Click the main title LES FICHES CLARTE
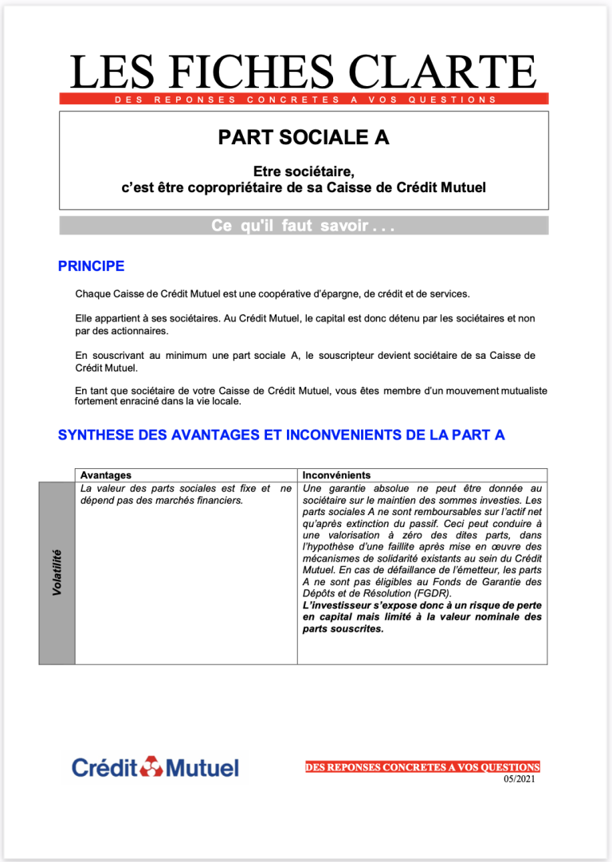point(303,72)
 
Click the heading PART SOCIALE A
point(304,137)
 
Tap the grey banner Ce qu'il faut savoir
point(304,226)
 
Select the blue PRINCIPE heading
point(91,266)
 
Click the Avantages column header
point(106,475)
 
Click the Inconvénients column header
point(336,475)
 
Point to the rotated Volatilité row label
point(57,573)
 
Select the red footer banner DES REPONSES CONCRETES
point(422,767)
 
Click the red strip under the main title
point(304,100)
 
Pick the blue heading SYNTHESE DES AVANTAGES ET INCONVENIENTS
point(281,435)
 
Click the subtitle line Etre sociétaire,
point(303,171)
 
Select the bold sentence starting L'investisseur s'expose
point(422,616)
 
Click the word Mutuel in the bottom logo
point(202,768)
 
